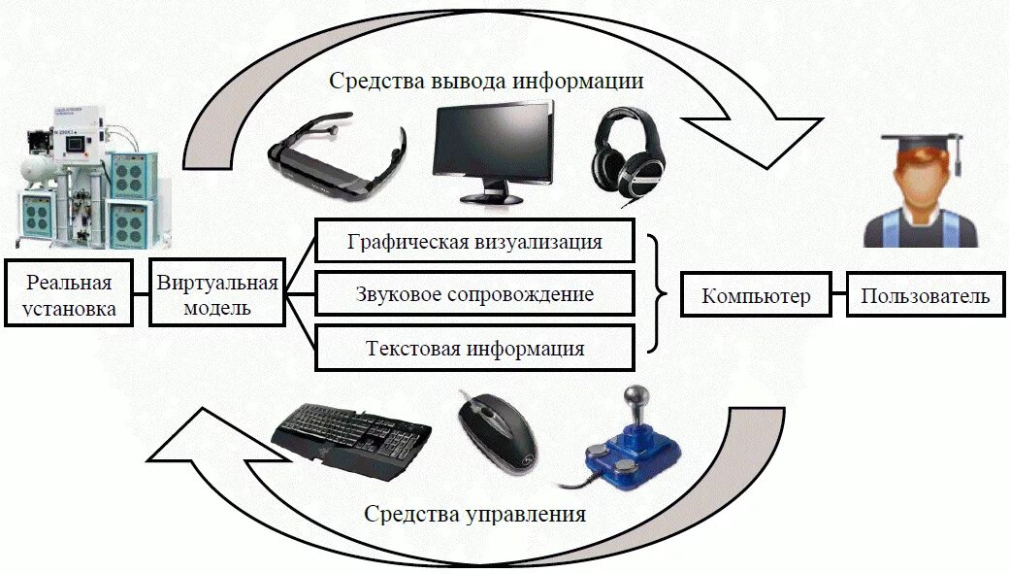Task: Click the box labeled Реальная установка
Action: pyautogui.click(x=69, y=295)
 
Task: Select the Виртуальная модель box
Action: pyautogui.click(x=217, y=295)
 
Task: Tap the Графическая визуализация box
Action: pyautogui.click(x=474, y=242)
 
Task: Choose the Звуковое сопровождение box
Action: pyautogui.click(x=474, y=294)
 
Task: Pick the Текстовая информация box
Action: pyautogui.click(x=474, y=348)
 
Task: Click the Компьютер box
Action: pyautogui.click(x=756, y=296)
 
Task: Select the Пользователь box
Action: pyautogui.click(x=925, y=296)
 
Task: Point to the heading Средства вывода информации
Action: pyautogui.click(x=486, y=81)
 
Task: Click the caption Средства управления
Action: pyautogui.click(x=474, y=514)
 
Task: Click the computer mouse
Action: pyautogui.click(x=498, y=430)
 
